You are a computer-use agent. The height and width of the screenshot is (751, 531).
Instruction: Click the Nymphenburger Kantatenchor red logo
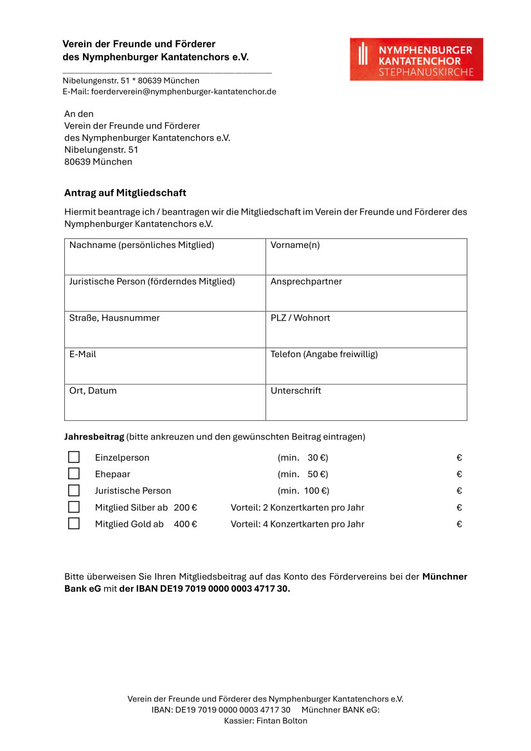416,59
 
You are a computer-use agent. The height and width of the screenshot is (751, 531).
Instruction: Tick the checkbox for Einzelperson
74,457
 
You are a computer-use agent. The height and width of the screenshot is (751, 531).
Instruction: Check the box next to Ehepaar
74,474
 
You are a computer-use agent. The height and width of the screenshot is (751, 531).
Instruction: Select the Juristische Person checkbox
74,491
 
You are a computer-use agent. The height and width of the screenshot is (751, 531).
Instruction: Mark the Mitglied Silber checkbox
74,507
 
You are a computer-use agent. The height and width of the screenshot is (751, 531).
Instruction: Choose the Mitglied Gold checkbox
74,524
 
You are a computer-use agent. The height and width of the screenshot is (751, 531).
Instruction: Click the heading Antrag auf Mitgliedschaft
125,193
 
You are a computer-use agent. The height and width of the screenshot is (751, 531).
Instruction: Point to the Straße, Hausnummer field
165,334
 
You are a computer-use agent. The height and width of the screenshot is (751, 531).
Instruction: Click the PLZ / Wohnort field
366,334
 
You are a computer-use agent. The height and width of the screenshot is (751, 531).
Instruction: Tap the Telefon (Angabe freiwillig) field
366,371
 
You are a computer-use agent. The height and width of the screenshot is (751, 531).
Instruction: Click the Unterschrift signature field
366,407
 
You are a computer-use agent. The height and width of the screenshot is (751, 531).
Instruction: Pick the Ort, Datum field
165,407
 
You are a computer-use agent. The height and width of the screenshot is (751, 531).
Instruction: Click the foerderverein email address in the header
184,92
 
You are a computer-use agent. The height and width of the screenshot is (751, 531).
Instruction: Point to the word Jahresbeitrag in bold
94,437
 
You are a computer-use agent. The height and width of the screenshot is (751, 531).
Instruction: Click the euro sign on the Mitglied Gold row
459,524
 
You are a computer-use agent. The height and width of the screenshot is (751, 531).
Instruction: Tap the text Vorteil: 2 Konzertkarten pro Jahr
298,508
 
